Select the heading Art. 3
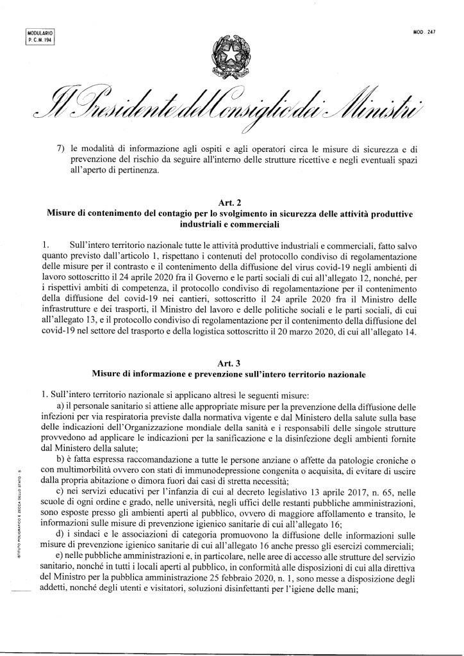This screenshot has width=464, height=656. pyautogui.click(x=233, y=363)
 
